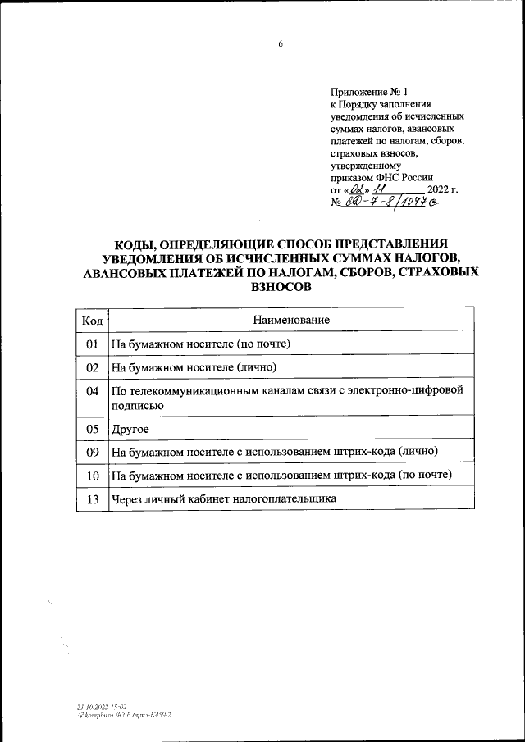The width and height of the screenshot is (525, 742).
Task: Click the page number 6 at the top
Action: point(280,45)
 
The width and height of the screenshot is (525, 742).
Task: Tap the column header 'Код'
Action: point(92,319)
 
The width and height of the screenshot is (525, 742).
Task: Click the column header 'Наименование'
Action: point(291,319)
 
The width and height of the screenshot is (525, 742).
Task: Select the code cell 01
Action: point(92,344)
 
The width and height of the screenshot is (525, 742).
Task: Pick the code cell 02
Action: point(92,366)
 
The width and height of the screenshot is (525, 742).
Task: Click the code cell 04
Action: point(92,391)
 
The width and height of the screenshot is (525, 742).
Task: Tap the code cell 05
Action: point(92,428)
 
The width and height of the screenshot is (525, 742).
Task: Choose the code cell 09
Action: point(92,452)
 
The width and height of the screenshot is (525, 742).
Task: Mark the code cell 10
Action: point(92,476)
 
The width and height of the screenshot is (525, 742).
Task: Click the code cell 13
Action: point(92,498)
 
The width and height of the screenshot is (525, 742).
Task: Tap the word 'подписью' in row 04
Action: point(138,404)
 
